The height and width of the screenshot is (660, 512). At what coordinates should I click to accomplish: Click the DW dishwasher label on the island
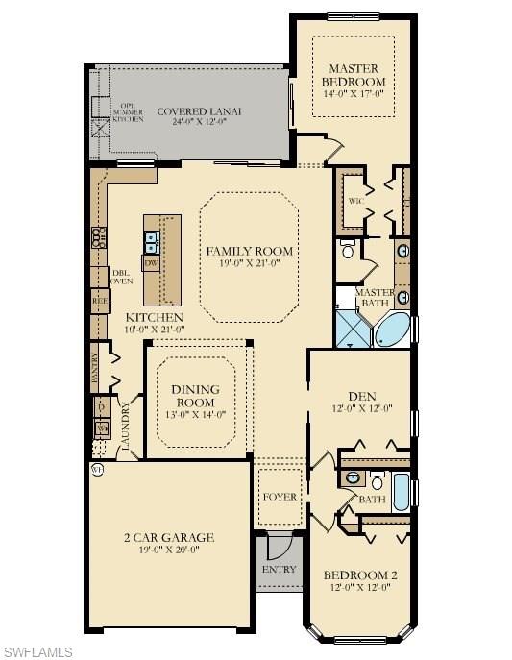(151, 261)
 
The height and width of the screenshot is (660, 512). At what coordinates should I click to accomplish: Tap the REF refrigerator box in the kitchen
(99, 300)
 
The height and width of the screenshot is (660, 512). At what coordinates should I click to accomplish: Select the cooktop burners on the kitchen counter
(98, 236)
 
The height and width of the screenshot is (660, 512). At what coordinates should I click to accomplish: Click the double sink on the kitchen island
(152, 240)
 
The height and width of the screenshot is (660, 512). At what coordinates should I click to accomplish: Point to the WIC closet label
(354, 200)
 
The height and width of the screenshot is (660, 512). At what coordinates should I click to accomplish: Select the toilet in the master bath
(347, 252)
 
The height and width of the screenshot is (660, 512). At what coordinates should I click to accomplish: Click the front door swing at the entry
(275, 549)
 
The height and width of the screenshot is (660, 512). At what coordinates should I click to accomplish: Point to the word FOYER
(280, 497)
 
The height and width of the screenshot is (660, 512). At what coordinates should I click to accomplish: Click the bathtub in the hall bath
(401, 492)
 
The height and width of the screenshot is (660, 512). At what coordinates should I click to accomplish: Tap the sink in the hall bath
(353, 477)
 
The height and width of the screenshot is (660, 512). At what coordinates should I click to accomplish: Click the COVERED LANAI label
(200, 111)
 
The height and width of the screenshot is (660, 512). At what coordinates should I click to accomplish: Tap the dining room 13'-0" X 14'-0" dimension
(195, 414)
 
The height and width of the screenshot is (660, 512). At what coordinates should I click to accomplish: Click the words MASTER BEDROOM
(354, 75)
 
